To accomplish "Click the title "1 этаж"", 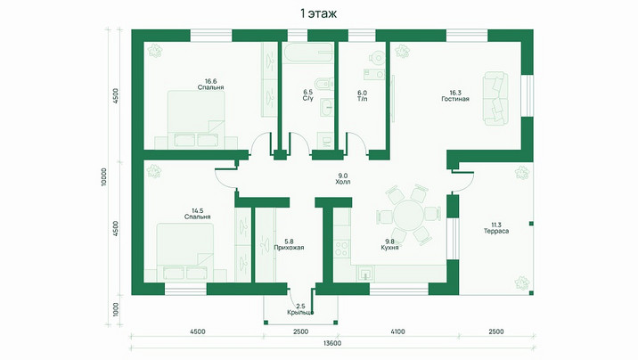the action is click(x=319, y=14).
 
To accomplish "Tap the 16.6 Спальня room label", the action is click(x=211, y=84).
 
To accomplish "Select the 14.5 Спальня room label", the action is click(x=197, y=214).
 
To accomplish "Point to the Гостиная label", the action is click(x=455, y=99).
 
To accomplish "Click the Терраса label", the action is click(x=496, y=231).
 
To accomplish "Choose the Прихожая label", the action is click(x=289, y=248).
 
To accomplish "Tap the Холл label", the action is click(x=342, y=182).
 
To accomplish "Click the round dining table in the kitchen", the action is click(x=408, y=215).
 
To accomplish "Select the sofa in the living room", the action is click(x=495, y=98).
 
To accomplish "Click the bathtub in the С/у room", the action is click(x=308, y=53).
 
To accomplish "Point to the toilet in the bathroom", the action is click(x=325, y=85).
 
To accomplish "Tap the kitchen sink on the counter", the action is click(x=365, y=273).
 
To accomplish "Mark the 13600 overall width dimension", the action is click(x=332, y=343).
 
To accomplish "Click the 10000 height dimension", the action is click(x=104, y=177).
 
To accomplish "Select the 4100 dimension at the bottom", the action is click(x=397, y=331).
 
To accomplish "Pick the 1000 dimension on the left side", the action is click(x=116, y=309).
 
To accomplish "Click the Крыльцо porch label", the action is click(x=300, y=313).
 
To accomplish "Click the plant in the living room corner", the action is click(x=402, y=51).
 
